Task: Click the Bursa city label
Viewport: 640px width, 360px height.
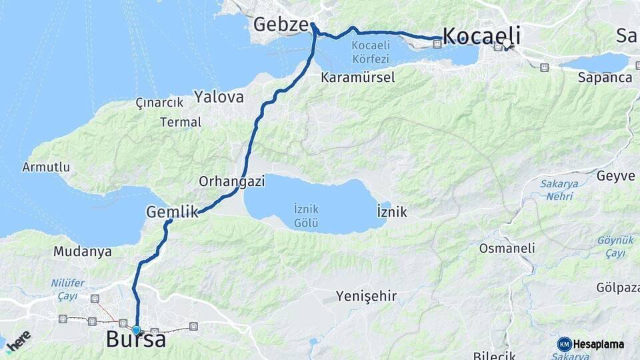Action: click(136, 340)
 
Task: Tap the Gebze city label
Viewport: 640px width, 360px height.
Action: click(280, 25)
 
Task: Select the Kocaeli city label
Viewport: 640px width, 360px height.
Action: click(481, 35)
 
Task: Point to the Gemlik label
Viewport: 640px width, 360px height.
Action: click(172, 213)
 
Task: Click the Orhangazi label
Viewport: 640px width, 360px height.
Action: click(232, 181)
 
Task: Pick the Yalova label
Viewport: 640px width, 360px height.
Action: click(219, 97)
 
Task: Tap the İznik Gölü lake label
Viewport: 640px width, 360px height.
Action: click(306, 215)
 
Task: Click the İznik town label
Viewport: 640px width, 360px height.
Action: click(392, 212)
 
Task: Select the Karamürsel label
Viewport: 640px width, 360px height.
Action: click(357, 77)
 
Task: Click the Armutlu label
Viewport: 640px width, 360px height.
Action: click(46, 167)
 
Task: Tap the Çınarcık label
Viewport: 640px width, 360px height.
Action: click(159, 103)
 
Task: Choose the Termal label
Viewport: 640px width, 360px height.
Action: click(181, 122)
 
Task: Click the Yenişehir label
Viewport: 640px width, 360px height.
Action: click(366, 296)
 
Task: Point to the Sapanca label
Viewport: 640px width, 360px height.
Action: click(605, 78)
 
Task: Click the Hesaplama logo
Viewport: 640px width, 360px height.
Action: click(591, 344)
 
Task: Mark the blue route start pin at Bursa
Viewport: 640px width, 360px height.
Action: click(136, 329)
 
